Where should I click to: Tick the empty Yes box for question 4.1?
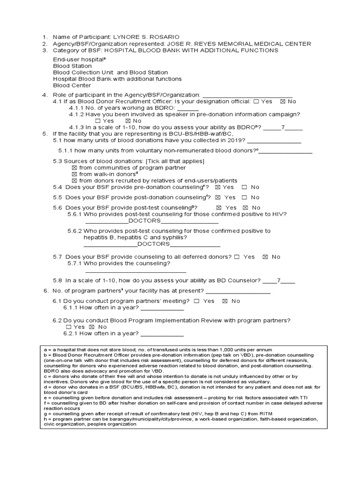pos(255,101)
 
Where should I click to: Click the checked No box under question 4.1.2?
pos(128,121)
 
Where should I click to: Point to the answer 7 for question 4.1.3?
pos(283,127)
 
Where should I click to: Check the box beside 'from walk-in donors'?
pos(74,174)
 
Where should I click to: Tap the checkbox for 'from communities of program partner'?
pos(74,168)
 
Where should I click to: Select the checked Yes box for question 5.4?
pos(217,187)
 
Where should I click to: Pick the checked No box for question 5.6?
pos(245,208)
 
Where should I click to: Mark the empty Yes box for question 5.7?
pos(237,257)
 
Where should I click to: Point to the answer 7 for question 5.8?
pos(278,280)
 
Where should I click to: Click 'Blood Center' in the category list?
pos(72,86)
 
